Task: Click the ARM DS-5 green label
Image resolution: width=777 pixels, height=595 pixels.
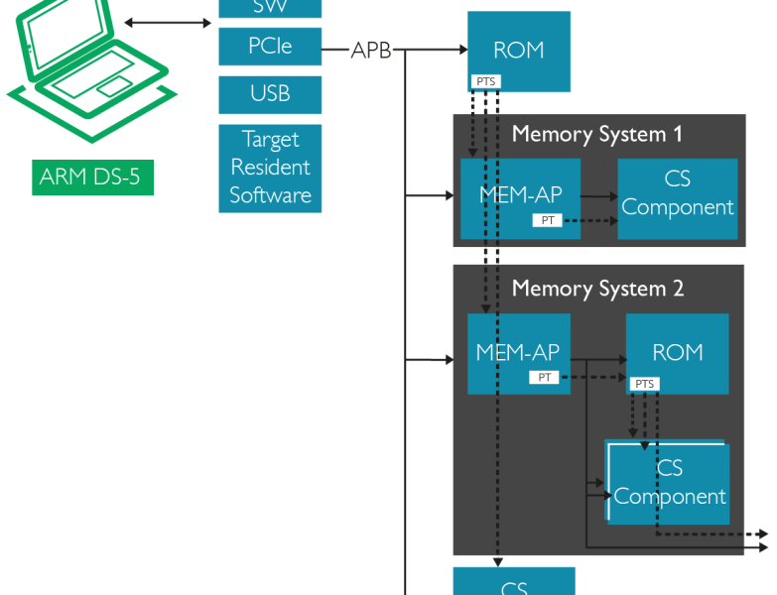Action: pos(92,178)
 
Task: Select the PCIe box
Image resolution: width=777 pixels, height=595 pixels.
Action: pos(270,47)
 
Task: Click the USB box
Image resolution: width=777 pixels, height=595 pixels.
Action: pos(270,94)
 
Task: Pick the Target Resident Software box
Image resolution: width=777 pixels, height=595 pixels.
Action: pos(270,168)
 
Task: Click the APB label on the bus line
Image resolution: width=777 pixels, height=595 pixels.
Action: pos(371,51)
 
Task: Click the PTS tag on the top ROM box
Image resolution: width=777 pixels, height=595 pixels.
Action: pos(485,81)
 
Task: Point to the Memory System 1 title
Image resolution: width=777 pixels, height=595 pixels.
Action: pos(596,134)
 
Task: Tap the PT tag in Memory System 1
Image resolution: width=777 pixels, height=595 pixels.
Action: pos(548,220)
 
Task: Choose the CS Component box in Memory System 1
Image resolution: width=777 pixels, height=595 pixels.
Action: pos(678,195)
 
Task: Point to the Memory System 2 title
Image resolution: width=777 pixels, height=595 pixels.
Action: pos(596,289)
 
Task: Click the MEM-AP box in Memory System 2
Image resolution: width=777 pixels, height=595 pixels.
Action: pos(517,352)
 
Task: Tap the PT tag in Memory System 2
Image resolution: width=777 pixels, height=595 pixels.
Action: pos(544,377)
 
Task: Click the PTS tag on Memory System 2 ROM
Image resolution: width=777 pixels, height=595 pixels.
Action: pos(644,384)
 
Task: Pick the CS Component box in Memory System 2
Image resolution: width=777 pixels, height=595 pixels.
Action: pos(670,483)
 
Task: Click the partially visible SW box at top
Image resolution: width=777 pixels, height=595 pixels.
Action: pos(270,8)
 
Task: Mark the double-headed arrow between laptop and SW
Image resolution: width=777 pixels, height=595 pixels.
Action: pos(169,22)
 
